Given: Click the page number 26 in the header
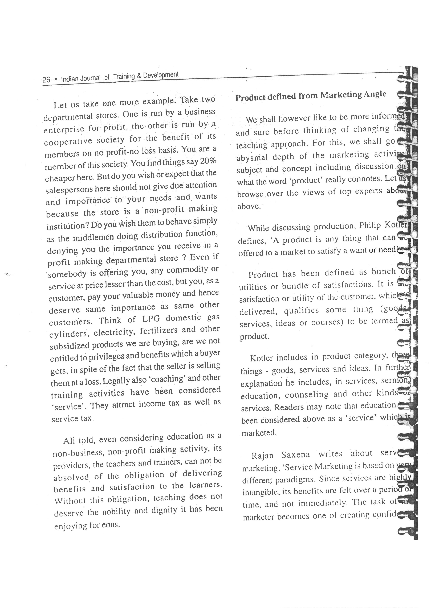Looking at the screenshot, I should pyautogui.click(x=46, y=80).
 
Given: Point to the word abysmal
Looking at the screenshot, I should pyautogui.click(x=252, y=158).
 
